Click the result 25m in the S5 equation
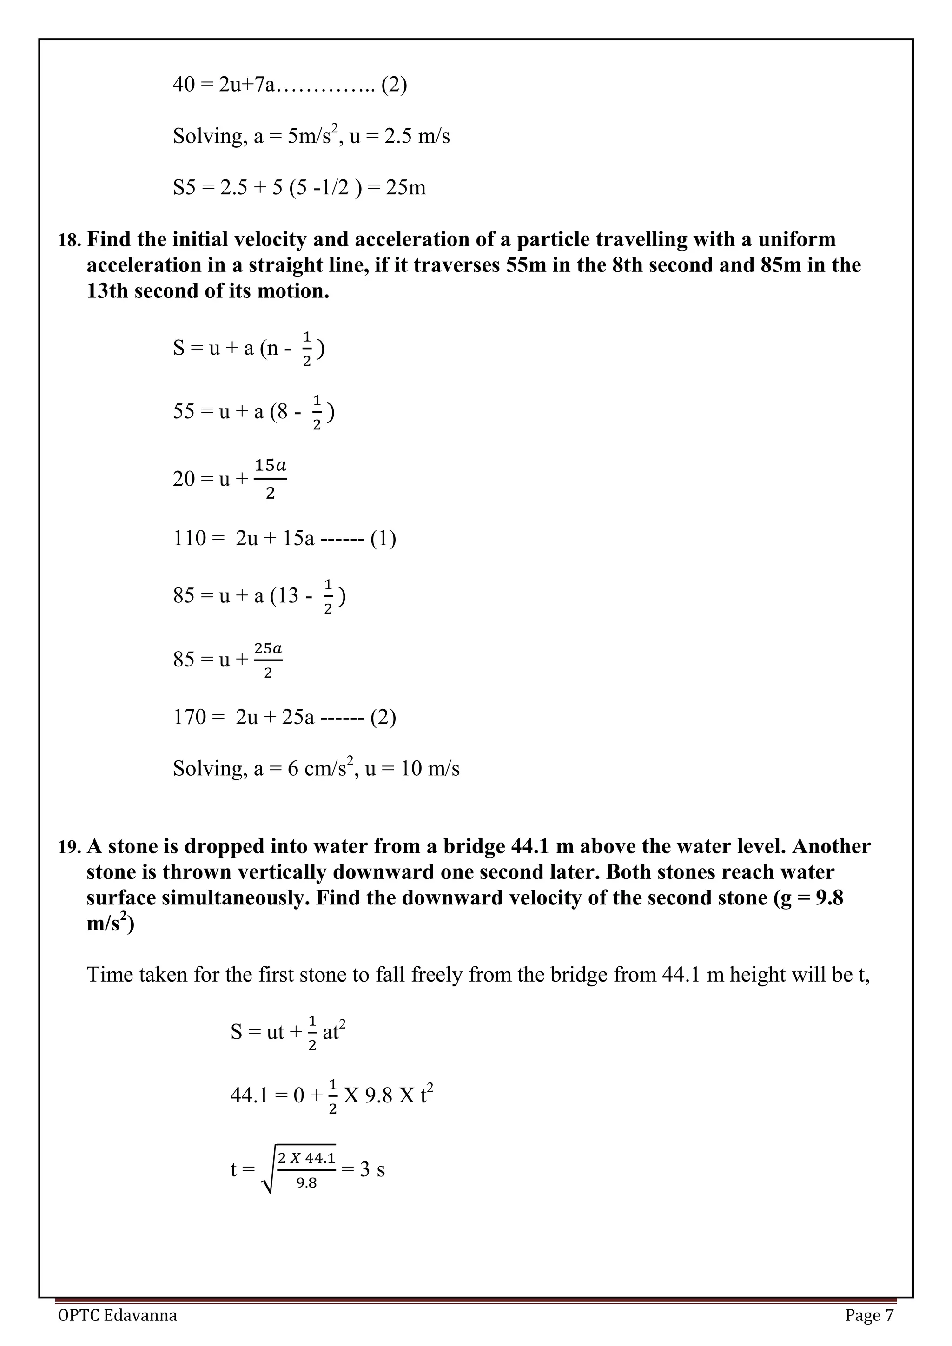click(x=406, y=188)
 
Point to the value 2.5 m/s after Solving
click(x=417, y=136)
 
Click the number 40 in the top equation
click(x=184, y=85)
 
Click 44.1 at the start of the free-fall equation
click(x=249, y=1095)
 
